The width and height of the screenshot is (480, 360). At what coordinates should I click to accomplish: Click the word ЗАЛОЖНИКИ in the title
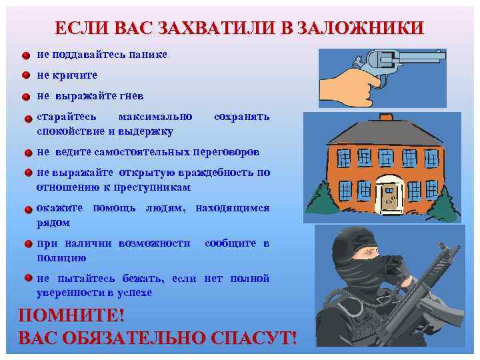pos(360,27)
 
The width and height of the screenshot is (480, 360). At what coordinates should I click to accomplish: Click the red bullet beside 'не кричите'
pos(25,75)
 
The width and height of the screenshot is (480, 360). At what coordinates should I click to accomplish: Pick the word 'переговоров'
pos(225,151)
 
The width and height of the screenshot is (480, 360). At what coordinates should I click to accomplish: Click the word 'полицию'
pos(61,257)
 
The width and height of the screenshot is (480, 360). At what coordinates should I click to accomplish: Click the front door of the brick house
pos(389,193)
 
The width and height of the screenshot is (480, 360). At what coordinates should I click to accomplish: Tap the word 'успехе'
pos(133,293)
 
